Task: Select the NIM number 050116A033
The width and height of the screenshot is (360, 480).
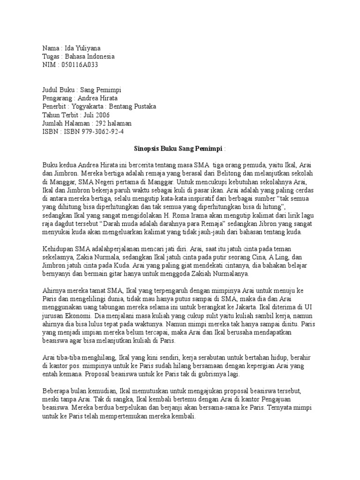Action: pos(80,65)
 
